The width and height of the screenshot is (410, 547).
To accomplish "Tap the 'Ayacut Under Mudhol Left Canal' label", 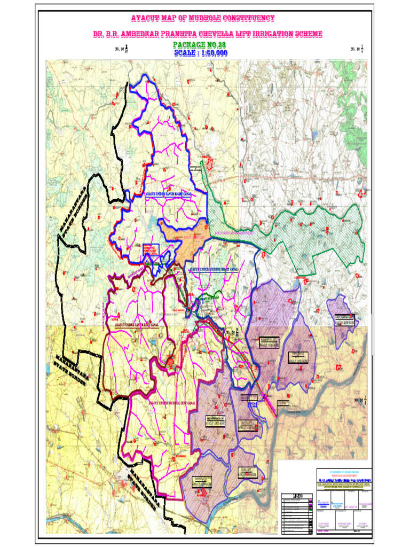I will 172,399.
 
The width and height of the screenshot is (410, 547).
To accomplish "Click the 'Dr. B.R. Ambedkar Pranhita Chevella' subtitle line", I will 208,34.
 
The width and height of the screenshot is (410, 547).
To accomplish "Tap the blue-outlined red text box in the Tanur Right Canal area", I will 151,249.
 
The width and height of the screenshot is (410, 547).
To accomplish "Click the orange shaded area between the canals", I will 184,235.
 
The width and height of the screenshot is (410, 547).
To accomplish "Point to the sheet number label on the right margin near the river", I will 359,400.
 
